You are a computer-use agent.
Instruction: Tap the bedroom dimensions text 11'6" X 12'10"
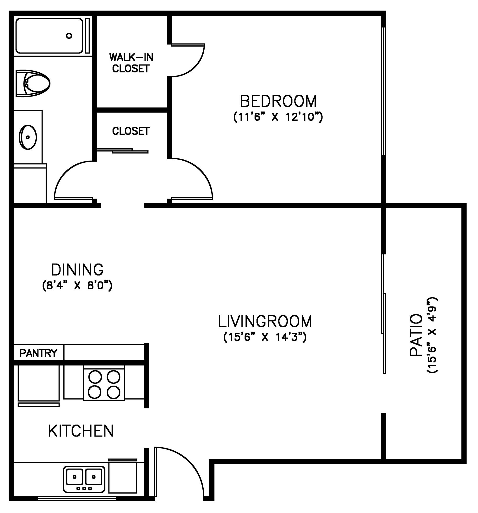[278, 117]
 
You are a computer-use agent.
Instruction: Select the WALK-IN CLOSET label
[131, 63]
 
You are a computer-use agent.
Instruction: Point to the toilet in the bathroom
[33, 83]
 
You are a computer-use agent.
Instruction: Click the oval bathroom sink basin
[28, 137]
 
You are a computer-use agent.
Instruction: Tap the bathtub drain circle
[69, 36]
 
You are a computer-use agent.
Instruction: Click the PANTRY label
[38, 353]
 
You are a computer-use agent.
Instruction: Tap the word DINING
[77, 270]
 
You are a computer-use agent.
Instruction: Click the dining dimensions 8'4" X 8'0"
[77, 286]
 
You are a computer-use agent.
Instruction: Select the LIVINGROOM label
[265, 321]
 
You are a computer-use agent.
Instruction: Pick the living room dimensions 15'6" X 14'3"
[265, 337]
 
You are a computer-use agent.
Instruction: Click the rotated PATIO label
[416, 335]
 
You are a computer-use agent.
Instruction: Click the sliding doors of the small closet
[123, 151]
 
